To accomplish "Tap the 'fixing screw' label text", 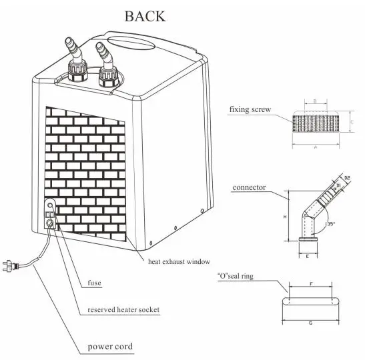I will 250,109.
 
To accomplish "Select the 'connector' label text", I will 249,187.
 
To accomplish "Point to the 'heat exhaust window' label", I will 178,263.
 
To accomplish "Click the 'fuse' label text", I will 95,283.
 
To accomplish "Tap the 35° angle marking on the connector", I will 330,225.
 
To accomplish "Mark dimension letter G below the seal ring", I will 312,322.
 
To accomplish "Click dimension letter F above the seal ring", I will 311,283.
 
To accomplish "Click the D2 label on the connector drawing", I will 348,179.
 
